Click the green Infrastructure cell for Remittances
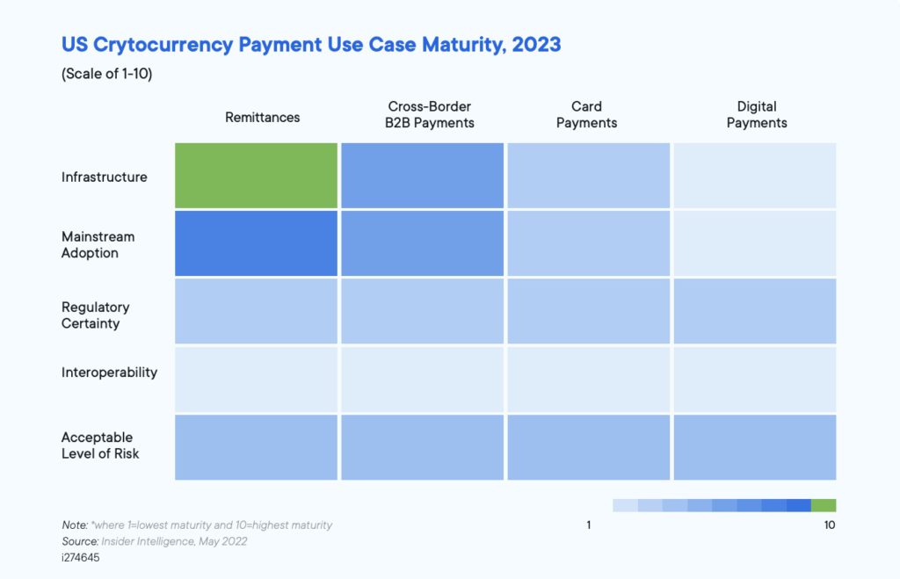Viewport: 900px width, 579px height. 256,176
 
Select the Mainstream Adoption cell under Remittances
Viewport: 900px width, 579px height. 256,243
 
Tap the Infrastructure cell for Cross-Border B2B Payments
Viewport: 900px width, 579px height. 423,176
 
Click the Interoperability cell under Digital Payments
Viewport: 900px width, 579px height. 755,380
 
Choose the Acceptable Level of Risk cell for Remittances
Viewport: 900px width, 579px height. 256,447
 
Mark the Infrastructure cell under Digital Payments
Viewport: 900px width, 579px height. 755,176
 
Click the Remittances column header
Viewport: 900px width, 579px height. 262,117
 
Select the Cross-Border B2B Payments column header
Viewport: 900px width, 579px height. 429,115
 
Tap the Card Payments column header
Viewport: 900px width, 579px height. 586,115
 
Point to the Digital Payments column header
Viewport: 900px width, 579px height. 757,115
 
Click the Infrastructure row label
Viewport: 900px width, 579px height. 104,177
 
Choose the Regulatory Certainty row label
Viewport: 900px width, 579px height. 95,315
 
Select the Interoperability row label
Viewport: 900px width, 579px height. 109,373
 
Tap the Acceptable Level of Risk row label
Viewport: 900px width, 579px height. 100,445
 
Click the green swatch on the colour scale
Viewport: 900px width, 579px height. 824,505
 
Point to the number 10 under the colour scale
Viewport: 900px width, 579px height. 829,525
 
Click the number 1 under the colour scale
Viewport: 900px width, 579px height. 588,525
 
